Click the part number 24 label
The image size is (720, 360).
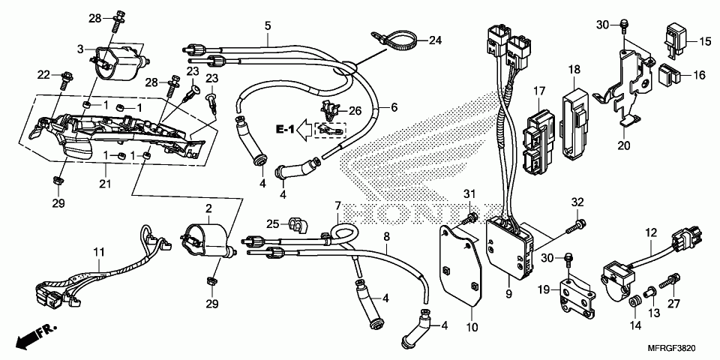435,40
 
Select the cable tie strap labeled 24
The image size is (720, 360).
392,37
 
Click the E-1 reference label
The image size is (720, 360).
284,130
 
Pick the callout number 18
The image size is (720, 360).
574,70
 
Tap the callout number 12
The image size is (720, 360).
650,233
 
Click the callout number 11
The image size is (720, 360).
98,252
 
